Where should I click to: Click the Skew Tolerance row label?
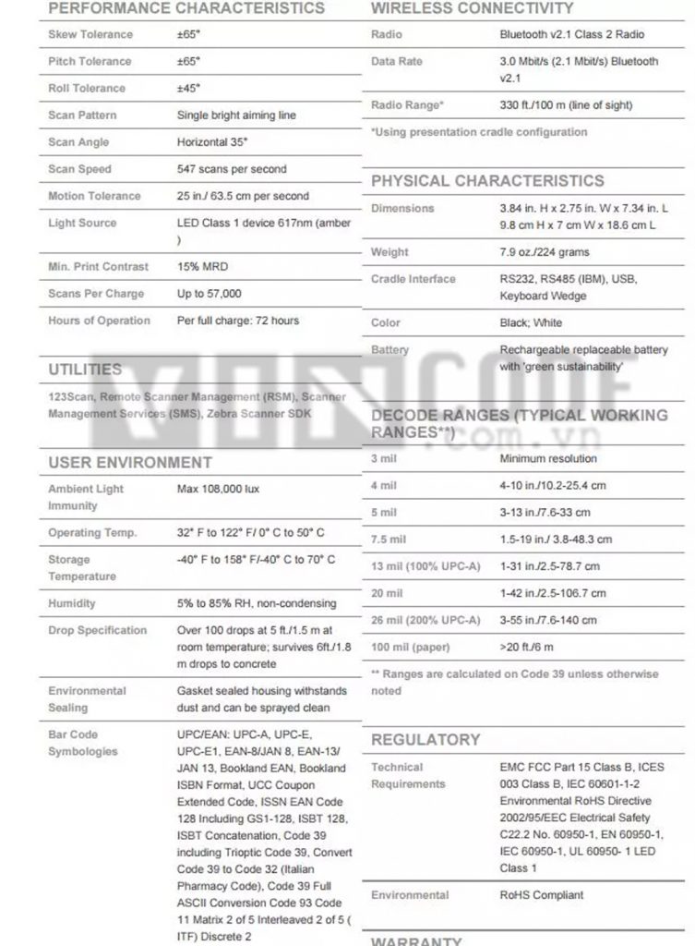pos(90,34)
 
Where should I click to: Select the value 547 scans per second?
pos(232,169)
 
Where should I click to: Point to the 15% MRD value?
pos(202,267)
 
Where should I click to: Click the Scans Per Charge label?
pos(96,294)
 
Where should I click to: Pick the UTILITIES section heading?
pos(85,370)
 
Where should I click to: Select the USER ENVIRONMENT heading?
pos(130,462)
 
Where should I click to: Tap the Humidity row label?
pos(72,603)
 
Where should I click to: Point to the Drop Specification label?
pos(98,630)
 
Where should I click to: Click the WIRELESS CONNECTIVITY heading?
pos(472,8)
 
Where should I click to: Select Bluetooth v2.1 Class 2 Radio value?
pos(571,34)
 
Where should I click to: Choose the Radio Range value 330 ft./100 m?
pos(566,105)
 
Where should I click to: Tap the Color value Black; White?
pos(531,323)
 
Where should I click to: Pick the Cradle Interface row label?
pos(413,279)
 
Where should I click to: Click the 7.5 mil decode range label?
pos(389,540)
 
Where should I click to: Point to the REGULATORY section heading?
pos(425,740)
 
